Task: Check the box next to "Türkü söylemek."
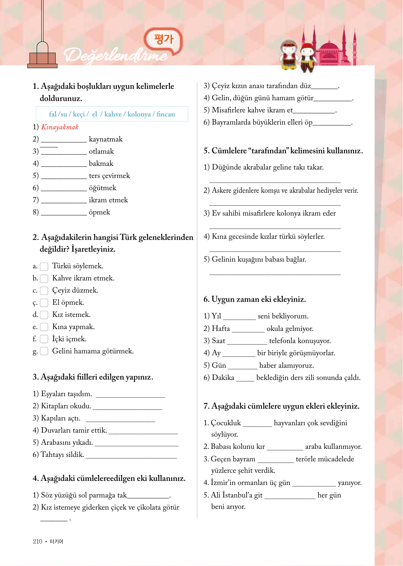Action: [44, 266]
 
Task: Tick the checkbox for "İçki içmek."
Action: [44, 339]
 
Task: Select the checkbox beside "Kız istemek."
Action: [44, 315]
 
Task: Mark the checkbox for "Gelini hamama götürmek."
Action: [44, 351]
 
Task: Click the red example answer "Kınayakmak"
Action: [60, 127]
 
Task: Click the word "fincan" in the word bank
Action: [166, 114]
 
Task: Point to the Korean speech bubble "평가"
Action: [163, 39]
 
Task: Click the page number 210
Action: [38, 541]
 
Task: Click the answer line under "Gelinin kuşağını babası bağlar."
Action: [275, 273]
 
